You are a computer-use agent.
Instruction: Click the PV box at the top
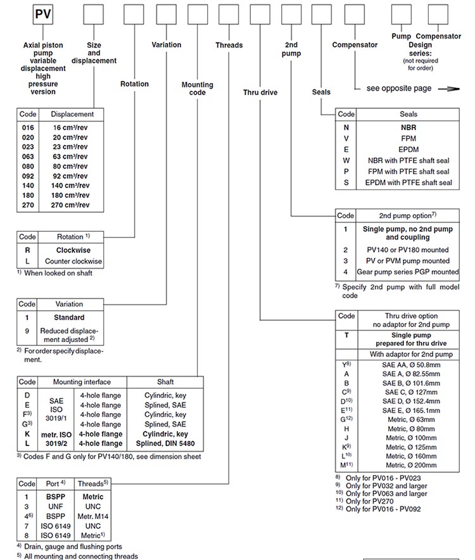(43, 15)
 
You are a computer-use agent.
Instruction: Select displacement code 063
(28, 156)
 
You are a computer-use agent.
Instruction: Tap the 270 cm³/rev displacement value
(70, 205)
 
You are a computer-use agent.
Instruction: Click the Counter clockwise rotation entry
(73, 261)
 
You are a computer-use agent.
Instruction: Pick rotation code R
(27, 250)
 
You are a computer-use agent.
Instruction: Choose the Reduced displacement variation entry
(69, 335)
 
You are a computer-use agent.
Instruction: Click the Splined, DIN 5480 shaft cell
(165, 443)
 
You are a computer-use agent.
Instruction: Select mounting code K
(27, 434)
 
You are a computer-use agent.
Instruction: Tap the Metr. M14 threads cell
(93, 516)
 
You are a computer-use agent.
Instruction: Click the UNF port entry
(56, 506)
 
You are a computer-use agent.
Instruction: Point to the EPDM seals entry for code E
(408, 150)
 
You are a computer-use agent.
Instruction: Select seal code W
(346, 160)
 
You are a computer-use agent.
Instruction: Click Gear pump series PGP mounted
(408, 272)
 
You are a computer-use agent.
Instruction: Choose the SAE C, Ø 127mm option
(411, 392)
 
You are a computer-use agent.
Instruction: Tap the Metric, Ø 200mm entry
(411, 465)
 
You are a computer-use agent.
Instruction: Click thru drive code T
(346, 335)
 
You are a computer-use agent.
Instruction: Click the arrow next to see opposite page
(449, 89)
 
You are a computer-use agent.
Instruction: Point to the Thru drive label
(260, 92)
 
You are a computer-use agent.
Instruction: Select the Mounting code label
(198, 89)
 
